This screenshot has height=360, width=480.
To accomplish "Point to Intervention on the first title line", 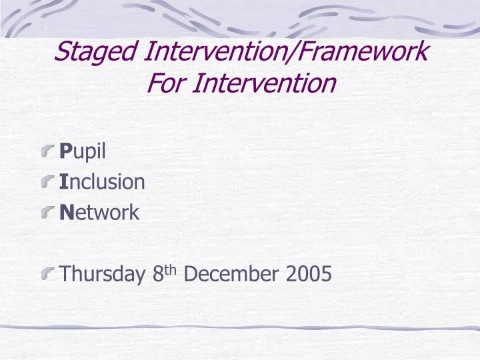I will (212, 52).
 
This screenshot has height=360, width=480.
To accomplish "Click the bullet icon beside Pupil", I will (48, 153).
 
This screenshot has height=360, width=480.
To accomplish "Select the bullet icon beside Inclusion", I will (48, 183).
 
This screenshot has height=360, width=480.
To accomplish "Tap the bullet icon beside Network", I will (48, 213).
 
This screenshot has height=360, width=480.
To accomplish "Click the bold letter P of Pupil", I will (65, 152).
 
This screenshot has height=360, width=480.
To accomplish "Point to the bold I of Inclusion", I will (63, 182).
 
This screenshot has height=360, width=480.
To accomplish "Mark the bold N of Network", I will (65, 213).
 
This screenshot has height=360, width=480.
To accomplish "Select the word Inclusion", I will (102, 182).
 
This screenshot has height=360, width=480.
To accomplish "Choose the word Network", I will (99, 213).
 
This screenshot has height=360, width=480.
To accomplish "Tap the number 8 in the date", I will (157, 273).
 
